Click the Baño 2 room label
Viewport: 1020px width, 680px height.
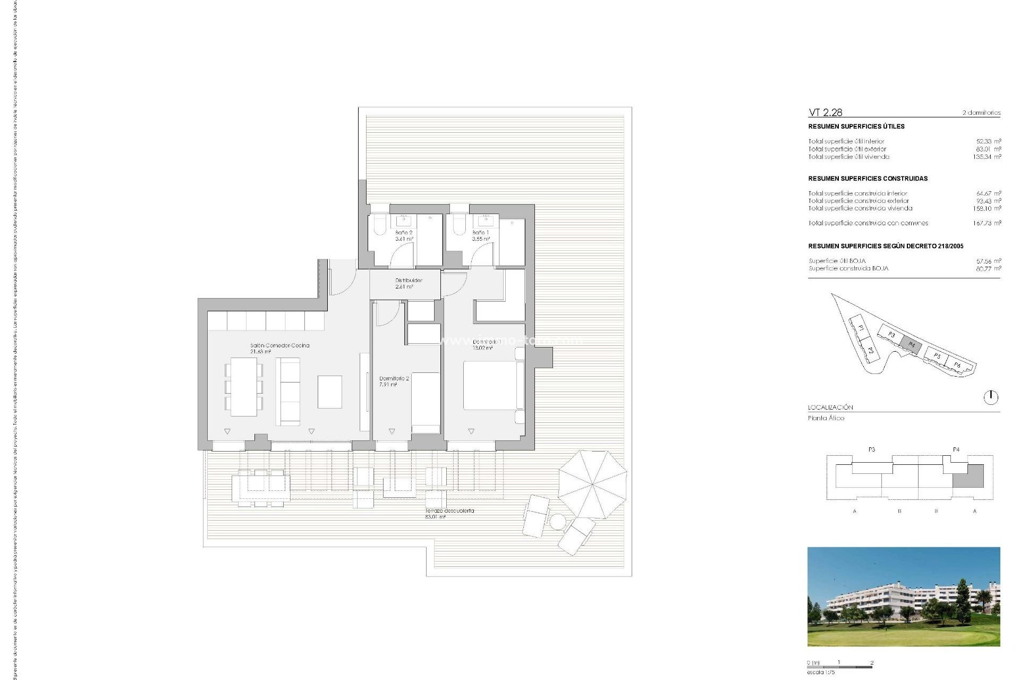tap(404, 236)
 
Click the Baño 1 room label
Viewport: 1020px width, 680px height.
tap(481, 236)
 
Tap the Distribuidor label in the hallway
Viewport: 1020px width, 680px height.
tap(409, 283)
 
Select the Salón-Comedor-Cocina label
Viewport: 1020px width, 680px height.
tap(279, 348)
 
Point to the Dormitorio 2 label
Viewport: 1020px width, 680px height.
tap(394, 381)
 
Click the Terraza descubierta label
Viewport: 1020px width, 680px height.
tap(449, 513)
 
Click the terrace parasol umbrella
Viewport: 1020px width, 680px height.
tap(592, 484)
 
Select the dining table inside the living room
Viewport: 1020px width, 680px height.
tap(244, 386)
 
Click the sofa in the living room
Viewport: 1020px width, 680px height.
tap(289, 391)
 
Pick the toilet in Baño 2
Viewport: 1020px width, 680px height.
tap(380, 225)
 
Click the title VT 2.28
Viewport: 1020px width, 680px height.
tap(825, 113)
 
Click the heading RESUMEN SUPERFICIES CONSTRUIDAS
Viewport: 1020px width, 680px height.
tap(868, 178)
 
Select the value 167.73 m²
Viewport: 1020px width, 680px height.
tap(987, 223)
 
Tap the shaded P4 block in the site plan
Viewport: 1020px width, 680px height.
tap(912, 344)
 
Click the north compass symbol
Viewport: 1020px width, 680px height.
tap(991, 397)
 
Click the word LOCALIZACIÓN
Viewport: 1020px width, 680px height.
tap(830, 407)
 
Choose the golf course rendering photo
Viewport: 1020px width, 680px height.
tap(903, 597)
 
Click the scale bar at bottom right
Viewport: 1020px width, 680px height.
tap(839, 666)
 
